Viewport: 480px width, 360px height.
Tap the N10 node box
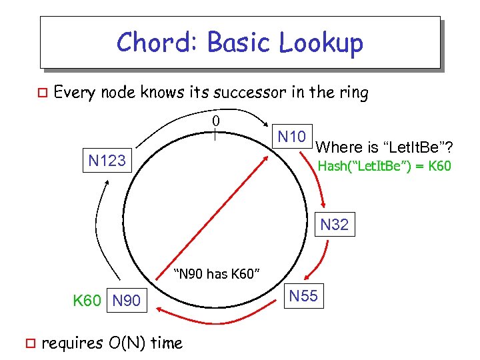291,138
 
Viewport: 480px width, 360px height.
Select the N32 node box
334,225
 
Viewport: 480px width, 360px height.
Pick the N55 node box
304,296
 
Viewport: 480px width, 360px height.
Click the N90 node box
127,301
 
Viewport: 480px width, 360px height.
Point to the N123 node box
107,161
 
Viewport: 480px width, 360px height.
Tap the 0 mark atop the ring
215,121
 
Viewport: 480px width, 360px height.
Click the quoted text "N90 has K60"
216,273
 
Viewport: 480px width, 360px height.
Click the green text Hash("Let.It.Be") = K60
384,166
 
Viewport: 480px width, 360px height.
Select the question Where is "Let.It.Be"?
389,145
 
